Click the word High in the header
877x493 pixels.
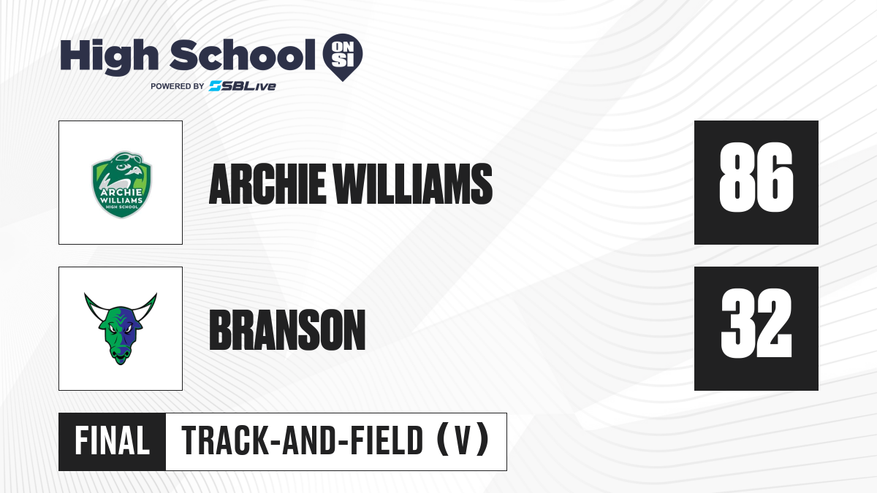[x=109, y=57]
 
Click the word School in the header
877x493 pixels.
[x=243, y=56]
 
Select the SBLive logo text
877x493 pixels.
[x=243, y=86]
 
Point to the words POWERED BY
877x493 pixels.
[x=178, y=86]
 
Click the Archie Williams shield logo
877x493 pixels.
[x=121, y=185]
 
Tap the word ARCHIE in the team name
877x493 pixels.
[x=267, y=184]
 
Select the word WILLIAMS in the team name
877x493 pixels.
[x=413, y=184]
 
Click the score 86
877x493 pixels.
[x=756, y=177]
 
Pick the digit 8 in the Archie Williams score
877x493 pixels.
[x=737, y=177]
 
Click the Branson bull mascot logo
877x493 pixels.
[x=121, y=329]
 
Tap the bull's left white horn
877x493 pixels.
[x=94, y=307]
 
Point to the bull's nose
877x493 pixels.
[x=121, y=355]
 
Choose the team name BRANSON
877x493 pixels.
[x=287, y=330]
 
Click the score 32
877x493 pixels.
[x=756, y=324]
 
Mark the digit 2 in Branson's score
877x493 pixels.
[x=775, y=324]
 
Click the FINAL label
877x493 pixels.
[x=113, y=441]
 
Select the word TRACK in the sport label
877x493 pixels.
[x=225, y=441]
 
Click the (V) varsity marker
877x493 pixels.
[x=463, y=441]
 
